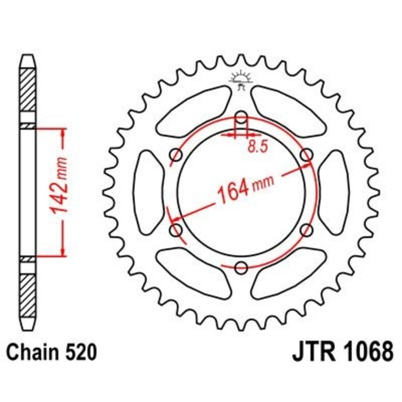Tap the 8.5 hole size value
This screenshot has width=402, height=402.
coord(256,147)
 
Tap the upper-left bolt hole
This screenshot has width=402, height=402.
coord(176,154)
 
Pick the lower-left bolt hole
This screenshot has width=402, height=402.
coord(176,230)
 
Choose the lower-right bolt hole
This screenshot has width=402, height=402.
coord(307,230)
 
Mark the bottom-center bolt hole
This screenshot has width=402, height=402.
coord(241,267)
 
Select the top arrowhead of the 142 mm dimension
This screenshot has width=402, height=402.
coord(63,132)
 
